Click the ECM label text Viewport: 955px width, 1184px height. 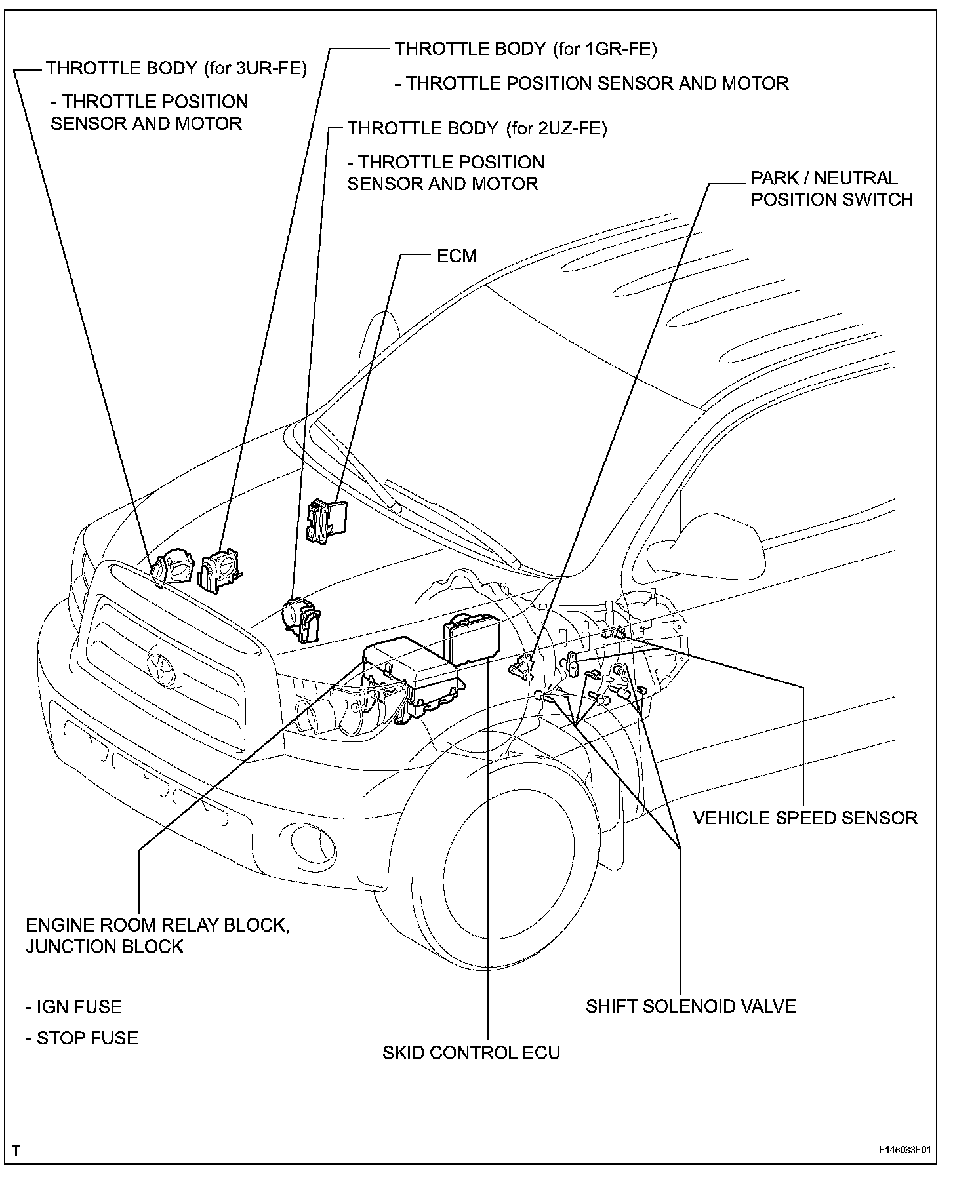(x=457, y=256)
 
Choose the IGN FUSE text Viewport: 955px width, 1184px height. (x=73, y=1006)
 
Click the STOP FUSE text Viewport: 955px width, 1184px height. (x=81, y=1038)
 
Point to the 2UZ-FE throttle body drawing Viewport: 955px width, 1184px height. (x=301, y=618)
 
